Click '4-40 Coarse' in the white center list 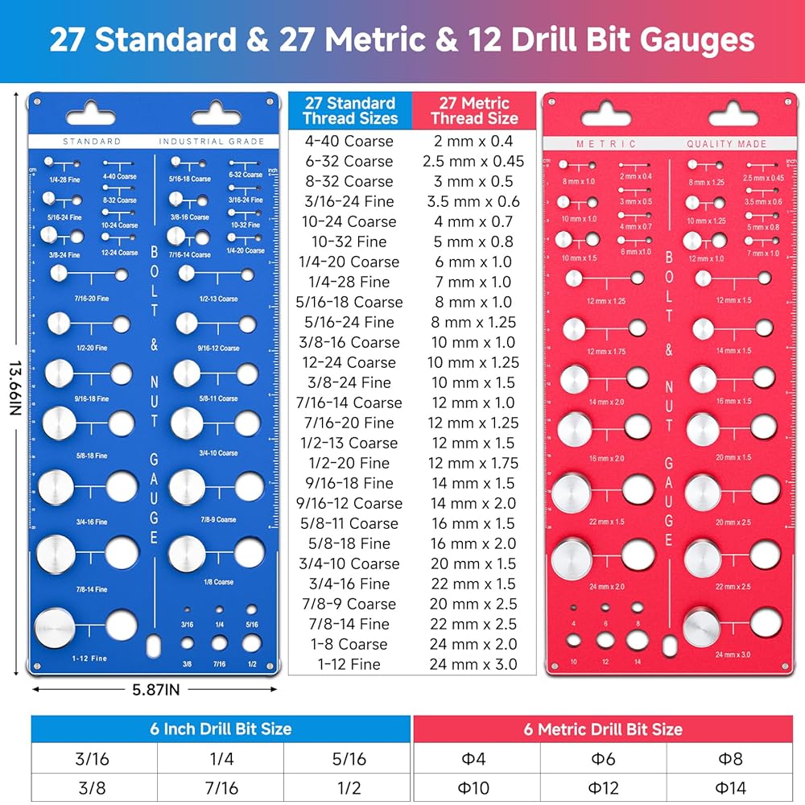tap(350, 141)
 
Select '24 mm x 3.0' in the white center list tap(474, 664)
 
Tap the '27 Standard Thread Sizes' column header tap(350, 110)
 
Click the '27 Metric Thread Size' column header tap(474, 110)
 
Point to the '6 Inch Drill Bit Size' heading tap(221, 729)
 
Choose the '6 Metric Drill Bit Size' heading tap(602, 729)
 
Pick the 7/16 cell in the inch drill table tap(221, 786)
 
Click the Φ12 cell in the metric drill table tap(602, 786)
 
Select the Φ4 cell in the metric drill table tap(476, 758)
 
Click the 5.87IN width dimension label tap(156, 689)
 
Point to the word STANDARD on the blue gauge tap(91, 142)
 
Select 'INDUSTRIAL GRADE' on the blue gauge tap(211, 142)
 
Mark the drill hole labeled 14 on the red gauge tap(637, 640)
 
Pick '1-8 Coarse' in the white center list tap(350, 644)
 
